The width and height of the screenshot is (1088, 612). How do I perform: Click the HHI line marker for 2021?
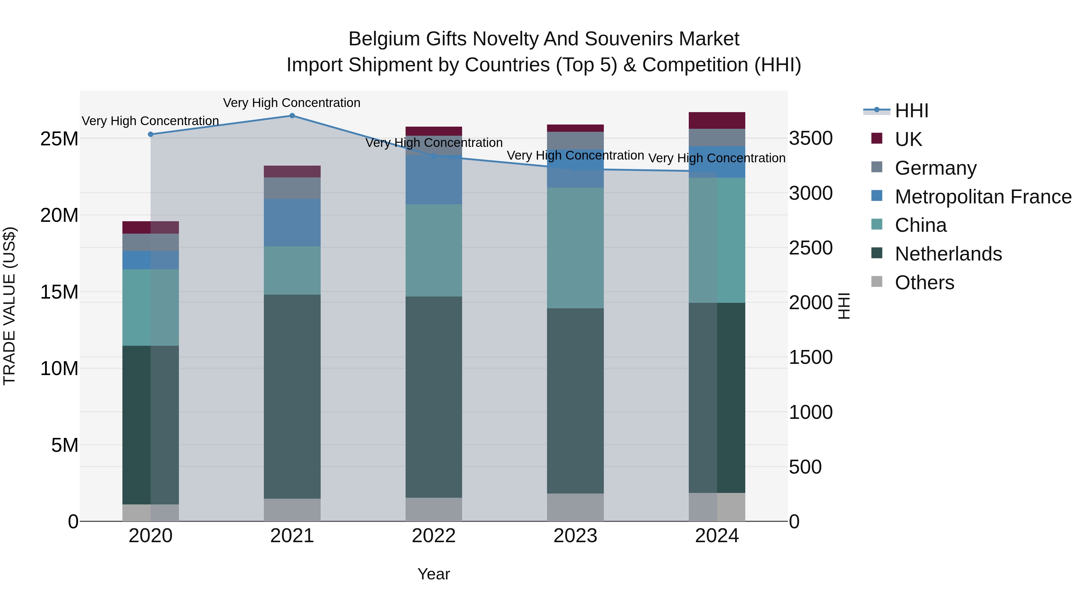292,116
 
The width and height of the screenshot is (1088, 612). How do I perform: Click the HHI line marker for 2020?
151,134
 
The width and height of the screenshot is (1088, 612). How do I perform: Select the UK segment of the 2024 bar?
717,120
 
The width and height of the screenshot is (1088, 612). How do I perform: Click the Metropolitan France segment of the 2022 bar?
434,180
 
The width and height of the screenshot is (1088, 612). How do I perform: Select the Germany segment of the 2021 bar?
292,188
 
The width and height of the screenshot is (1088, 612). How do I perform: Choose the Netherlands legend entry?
948,254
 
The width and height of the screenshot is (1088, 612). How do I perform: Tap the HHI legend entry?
912,111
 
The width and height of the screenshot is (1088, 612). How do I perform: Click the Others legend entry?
924,283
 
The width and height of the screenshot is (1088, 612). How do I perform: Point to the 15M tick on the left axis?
59,292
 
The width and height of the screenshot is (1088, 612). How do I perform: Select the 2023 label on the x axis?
575,536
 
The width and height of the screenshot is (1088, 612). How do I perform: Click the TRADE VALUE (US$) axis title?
9,306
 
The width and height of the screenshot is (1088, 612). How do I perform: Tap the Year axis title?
434,574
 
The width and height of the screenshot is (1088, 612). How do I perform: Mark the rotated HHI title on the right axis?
844,306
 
